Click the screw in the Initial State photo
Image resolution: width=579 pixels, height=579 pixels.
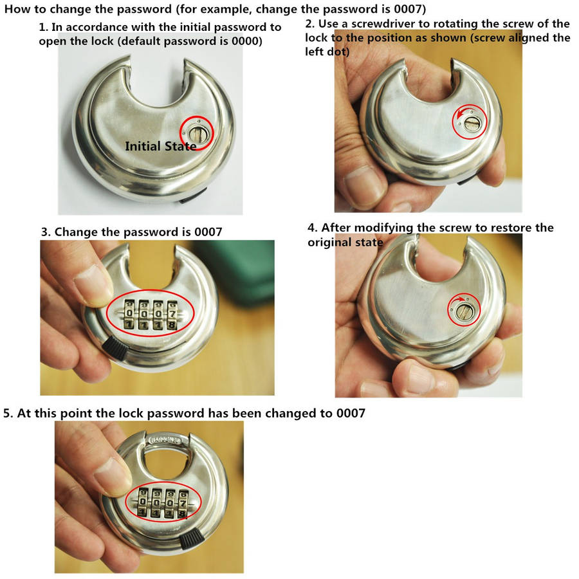(x=198, y=134)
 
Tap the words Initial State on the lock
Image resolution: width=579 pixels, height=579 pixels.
(x=161, y=146)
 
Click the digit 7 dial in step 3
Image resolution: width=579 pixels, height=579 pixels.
(x=172, y=314)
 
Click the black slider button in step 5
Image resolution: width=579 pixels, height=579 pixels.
(x=192, y=538)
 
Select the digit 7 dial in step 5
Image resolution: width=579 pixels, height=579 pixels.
(x=183, y=502)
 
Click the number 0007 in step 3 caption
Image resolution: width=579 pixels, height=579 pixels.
(x=208, y=232)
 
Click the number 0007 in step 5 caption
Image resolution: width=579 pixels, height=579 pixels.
(x=351, y=413)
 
